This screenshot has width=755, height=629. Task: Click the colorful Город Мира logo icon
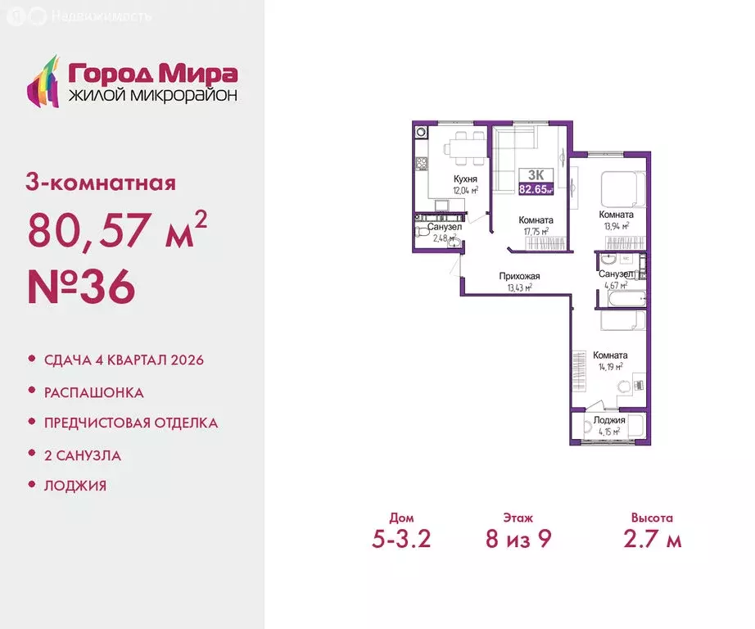(x=44, y=80)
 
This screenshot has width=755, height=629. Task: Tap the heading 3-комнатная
(x=102, y=182)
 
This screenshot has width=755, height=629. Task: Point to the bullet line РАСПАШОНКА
(x=94, y=392)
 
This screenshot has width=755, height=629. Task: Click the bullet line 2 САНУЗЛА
(x=83, y=455)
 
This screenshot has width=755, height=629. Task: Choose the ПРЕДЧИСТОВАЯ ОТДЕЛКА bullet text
(x=131, y=423)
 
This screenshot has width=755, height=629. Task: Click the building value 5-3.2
(x=401, y=539)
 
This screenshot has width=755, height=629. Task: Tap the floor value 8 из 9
(x=518, y=539)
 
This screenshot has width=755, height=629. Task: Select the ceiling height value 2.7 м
(x=652, y=539)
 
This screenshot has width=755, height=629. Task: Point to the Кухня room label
(x=465, y=179)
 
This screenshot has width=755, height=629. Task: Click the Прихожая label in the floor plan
(x=519, y=277)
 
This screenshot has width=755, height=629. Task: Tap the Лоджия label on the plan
(x=611, y=420)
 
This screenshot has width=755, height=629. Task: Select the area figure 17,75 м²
(x=536, y=232)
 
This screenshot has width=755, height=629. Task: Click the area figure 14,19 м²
(x=610, y=367)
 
